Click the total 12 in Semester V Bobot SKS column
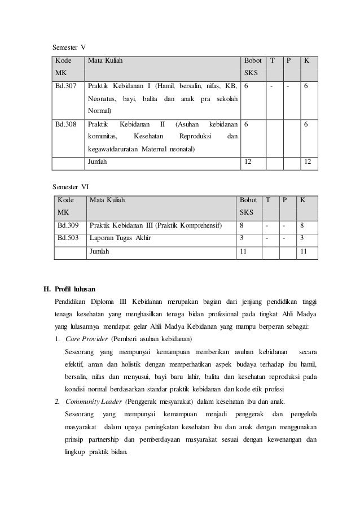(247, 162)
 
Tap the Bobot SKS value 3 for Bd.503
(242, 238)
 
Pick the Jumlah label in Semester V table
(96, 162)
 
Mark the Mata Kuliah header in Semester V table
(104, 60)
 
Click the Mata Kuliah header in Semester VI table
(107, 200)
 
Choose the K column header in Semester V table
(306, 60)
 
